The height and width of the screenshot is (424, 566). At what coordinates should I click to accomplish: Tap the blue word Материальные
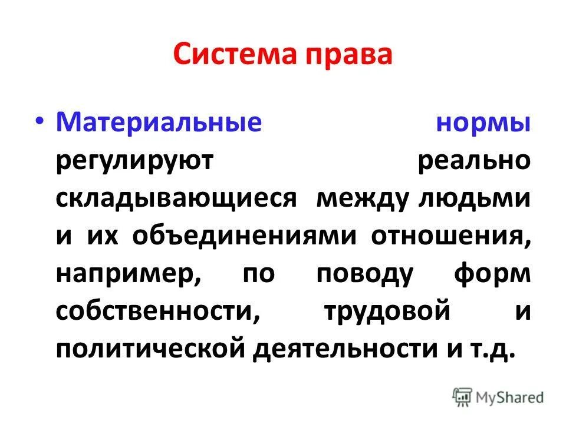(x=159, y=123)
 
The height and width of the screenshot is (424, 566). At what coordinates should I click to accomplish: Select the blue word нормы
(x=486, y=123)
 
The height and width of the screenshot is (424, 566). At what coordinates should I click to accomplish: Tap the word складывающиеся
(x=175, y=198)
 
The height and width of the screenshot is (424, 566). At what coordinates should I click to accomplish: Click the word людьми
(x=474, y=198)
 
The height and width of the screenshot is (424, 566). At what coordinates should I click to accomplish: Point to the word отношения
(x=451, y=236)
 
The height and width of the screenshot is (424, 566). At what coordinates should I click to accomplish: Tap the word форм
(x=493, y=274)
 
